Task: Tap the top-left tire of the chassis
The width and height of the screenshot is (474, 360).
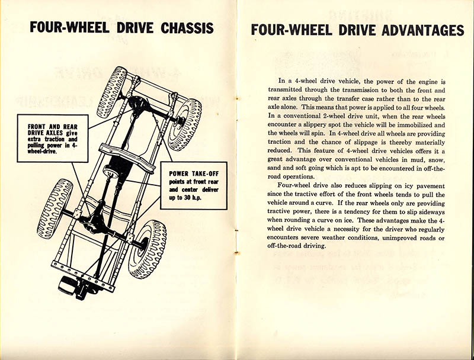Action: [x=112, y=91]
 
